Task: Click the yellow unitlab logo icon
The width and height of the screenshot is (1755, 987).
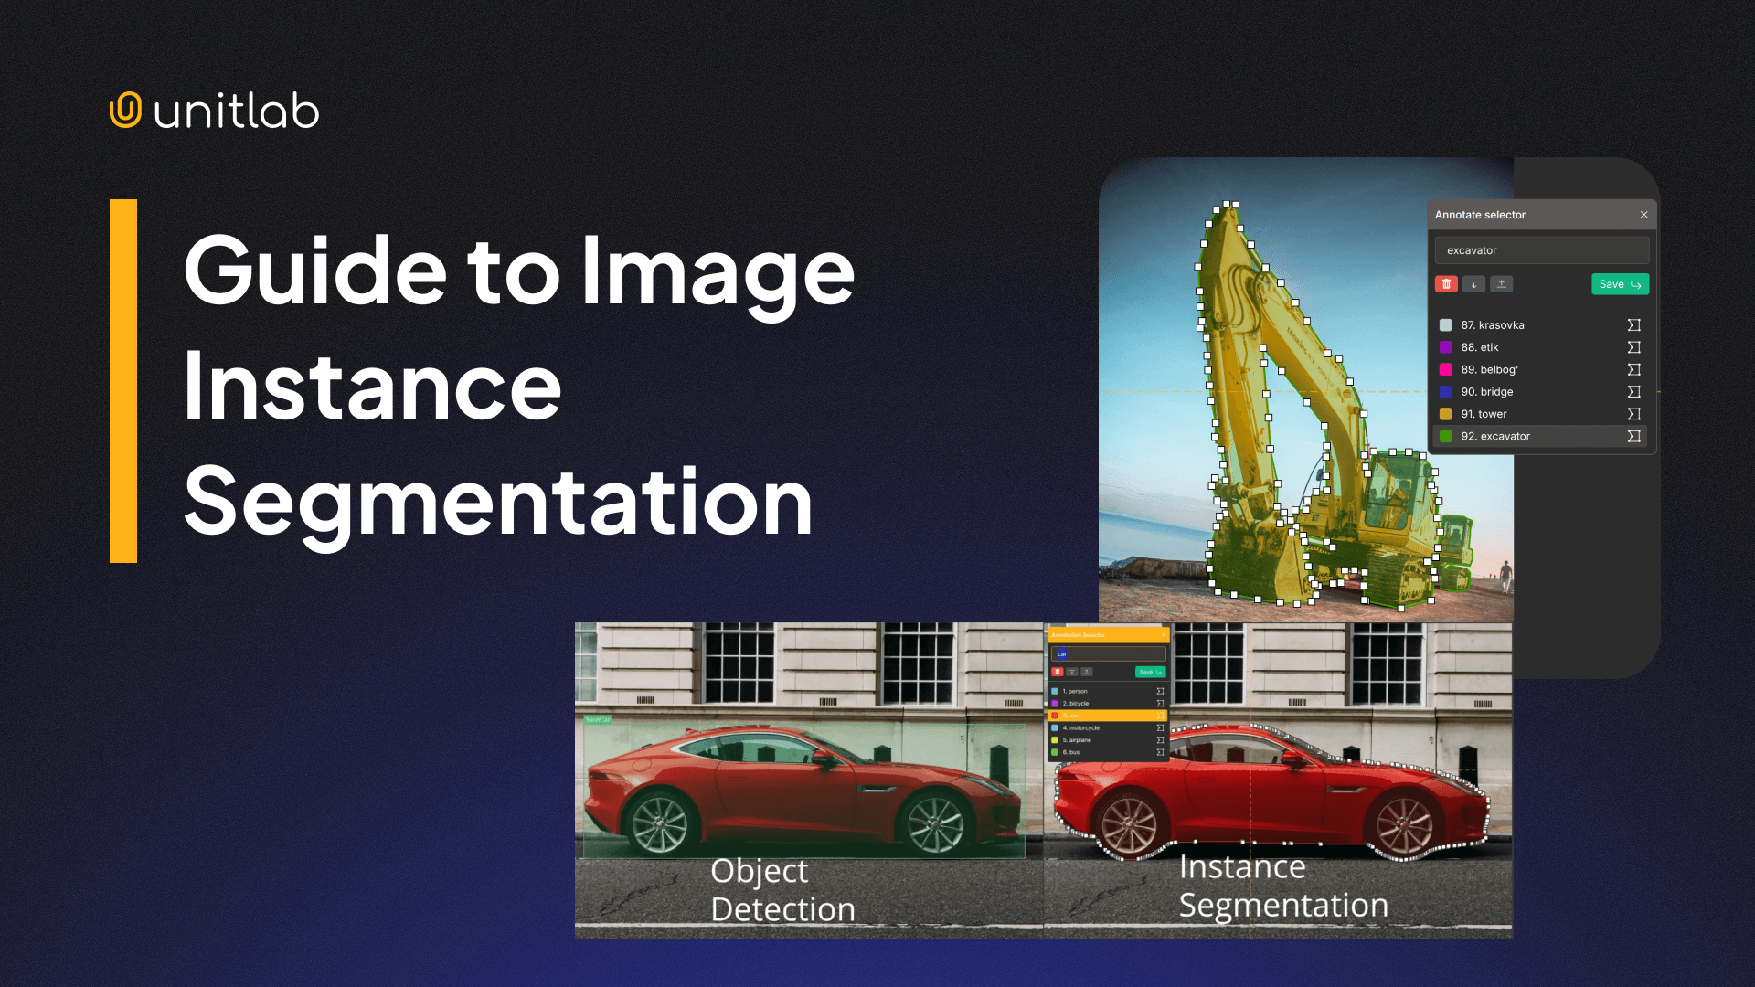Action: [125, 110]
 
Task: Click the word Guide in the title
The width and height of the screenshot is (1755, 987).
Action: [314, 271]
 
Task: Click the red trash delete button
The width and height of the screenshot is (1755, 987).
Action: [1446, 284]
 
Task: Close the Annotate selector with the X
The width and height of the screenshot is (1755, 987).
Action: [1643, 215]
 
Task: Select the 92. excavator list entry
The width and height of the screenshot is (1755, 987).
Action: [1495, 437]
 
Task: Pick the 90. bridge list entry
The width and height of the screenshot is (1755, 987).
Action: [1487, 392]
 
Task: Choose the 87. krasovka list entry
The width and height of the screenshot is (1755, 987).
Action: [1493, 325]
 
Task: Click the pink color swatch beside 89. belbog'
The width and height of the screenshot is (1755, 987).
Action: [1446, 370]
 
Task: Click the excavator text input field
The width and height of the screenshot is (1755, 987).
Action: [1542, 250]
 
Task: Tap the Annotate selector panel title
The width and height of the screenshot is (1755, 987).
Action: [1480, 215]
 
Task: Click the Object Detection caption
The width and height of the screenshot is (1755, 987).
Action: [782, 890]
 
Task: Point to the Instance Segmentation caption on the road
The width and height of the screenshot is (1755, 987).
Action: [1283, 886]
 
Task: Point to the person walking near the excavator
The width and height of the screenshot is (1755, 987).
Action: [1505, 577]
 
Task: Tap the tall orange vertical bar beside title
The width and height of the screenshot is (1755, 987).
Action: [123, 381]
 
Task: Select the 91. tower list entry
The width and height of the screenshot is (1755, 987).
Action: [1484, 414]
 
